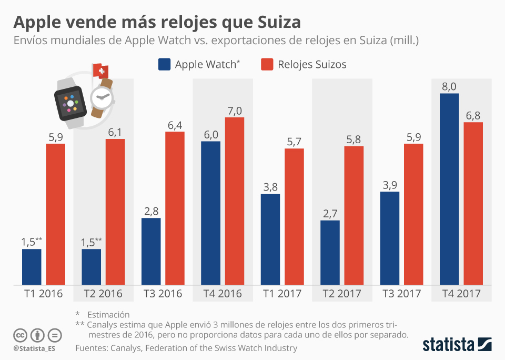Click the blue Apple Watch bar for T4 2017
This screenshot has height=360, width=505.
(449, 189)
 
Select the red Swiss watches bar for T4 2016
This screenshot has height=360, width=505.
(235, 201)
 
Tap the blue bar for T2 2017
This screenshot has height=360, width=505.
(330, 253)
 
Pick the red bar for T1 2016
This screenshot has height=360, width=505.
(56, 214)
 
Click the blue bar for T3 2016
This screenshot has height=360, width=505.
(151, 252)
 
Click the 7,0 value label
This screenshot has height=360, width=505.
(235, 110)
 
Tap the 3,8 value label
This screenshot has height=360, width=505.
(270, 187)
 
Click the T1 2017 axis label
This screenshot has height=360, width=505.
(282, 294)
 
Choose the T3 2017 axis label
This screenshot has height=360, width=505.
(401, 294)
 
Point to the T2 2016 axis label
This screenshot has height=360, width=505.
(103, 294)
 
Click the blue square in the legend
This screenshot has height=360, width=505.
(164, 64)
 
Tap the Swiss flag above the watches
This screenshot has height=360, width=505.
(99, 71)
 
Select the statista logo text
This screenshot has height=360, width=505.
(447, 345)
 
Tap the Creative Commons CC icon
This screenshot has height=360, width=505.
(21, 335)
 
